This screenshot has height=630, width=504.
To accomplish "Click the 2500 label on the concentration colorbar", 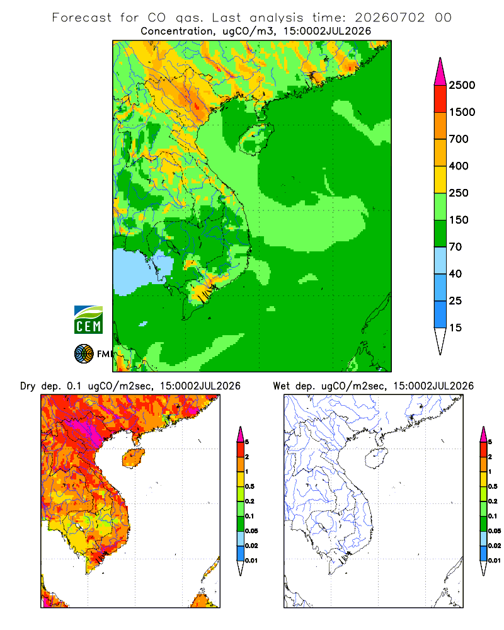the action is (x=462, y=85).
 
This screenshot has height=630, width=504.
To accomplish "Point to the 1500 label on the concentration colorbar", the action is (x=462, y=112).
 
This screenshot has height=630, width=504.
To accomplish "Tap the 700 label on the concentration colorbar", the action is (x=459, y=139).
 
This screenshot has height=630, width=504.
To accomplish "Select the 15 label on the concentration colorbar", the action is (x=455, y=328).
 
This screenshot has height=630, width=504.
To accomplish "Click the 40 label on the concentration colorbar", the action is (x=455, y=274).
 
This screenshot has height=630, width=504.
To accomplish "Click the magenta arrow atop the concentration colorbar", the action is (x=440, y=72).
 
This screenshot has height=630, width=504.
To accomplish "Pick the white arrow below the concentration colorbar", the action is (x=440, y=341).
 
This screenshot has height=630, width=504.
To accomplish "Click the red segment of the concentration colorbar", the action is (x=440, y=99).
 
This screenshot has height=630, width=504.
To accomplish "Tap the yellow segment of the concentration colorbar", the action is (x=440, y=180).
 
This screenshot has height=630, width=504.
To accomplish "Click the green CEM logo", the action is (x=88, y=320).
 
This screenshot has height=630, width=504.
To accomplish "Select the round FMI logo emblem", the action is (x=84, y=354).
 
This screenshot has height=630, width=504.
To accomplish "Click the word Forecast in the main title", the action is (x=82, y=18).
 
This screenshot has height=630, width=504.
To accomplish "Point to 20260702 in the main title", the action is (x=389, y=18).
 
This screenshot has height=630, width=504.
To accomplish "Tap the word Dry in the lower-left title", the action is (x=28, y=386).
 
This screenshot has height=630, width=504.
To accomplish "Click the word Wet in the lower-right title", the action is (x=282, y=386).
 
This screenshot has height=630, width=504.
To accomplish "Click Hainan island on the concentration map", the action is (x=256, y=139).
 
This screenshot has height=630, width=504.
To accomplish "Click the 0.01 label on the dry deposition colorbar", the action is (x=251, y=561).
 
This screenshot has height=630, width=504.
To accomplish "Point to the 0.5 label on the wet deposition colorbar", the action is (x=493, y=486).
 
